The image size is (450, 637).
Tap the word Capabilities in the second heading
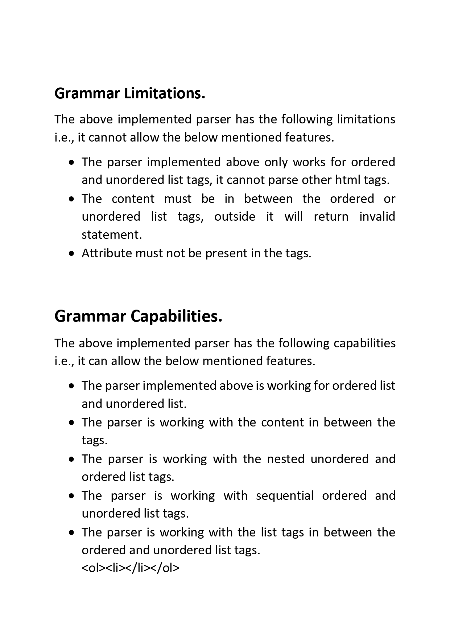(x=176, y=317)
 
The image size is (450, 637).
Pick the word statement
(x=111, y=235)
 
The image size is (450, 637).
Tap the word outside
(x=235, y=217)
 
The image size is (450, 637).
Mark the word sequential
(x=285, y=495)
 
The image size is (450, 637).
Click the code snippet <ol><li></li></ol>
(x=131, y=568)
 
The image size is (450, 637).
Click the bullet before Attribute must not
(x=72, y=253)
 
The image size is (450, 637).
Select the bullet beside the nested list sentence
(x=72, y=459)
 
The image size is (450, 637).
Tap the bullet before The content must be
(x=72, y=199)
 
